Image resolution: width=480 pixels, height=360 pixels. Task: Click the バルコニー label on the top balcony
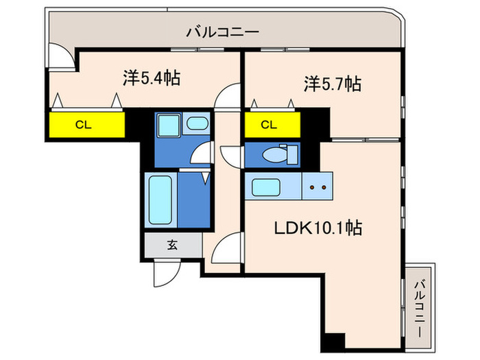222,32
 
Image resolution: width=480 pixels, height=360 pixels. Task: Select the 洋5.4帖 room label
152,78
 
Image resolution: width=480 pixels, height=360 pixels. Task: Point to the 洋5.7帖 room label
333,84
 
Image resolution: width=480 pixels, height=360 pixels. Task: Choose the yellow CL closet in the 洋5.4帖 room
86,125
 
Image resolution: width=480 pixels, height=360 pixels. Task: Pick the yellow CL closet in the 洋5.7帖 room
272,125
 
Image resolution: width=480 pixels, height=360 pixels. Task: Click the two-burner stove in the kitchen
317,187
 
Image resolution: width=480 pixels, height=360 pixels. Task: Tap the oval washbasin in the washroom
197,125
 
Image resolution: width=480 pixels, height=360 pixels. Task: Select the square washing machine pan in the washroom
167,126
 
